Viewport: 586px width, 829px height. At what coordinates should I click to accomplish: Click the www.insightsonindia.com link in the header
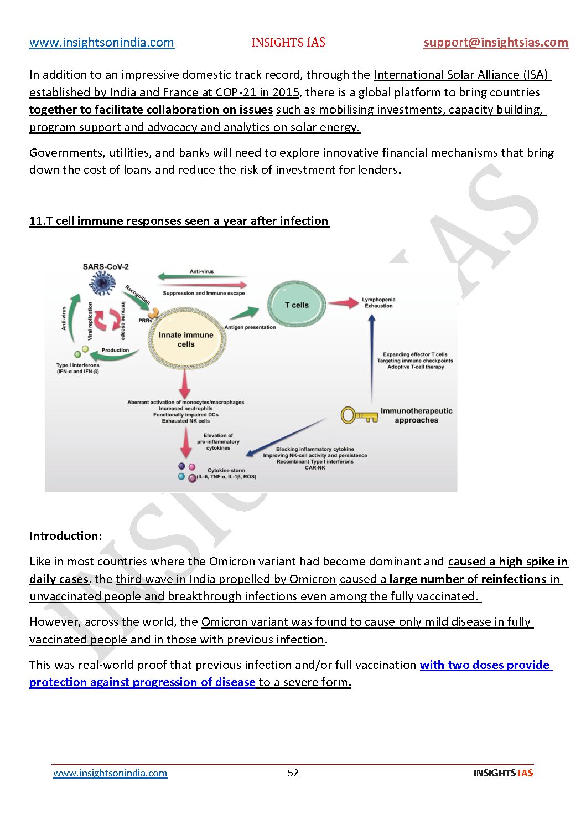point(102,43)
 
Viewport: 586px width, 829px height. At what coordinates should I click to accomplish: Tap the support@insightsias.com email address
point(496,43)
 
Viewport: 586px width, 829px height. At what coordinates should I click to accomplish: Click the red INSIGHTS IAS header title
point(288,43)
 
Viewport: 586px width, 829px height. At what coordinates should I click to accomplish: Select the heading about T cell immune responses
point(179,221)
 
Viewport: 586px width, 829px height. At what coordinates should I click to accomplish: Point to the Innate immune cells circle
point(186,339)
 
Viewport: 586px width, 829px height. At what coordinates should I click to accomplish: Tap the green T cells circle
point(297,305)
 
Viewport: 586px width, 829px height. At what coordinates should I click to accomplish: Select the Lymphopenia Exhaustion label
point(378,302)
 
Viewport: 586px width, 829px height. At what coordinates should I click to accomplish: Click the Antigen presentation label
point(250,327)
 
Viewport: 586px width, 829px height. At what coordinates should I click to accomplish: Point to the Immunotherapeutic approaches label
point(416,415)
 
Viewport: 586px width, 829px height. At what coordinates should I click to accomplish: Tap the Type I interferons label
point(77,368)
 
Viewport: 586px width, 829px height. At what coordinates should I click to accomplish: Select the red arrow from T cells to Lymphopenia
point(344,303)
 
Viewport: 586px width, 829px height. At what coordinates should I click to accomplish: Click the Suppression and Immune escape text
point(204,293)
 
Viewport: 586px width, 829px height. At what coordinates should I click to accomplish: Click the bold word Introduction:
point(66,536)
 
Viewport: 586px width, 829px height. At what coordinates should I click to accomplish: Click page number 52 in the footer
point(293,773)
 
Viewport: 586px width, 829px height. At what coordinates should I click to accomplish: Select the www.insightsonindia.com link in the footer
point(110,773)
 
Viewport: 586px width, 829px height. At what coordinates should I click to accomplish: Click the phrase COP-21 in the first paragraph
point(237,92)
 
